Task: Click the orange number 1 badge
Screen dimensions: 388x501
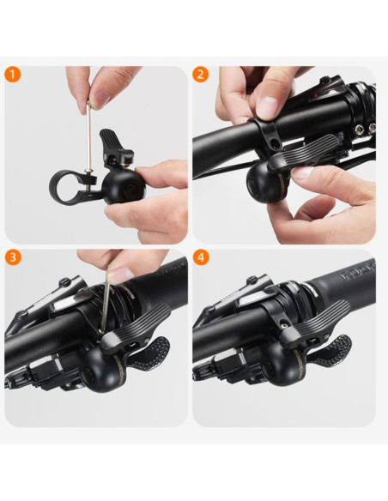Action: pos(13,75)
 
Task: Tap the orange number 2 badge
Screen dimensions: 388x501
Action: pos(201,75)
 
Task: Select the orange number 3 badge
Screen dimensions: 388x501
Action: pos(13,257)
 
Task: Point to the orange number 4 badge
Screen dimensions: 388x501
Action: pos(201,257)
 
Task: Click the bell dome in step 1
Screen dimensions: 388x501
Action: pos(124,187)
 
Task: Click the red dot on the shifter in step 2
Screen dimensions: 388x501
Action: pos(315,95)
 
